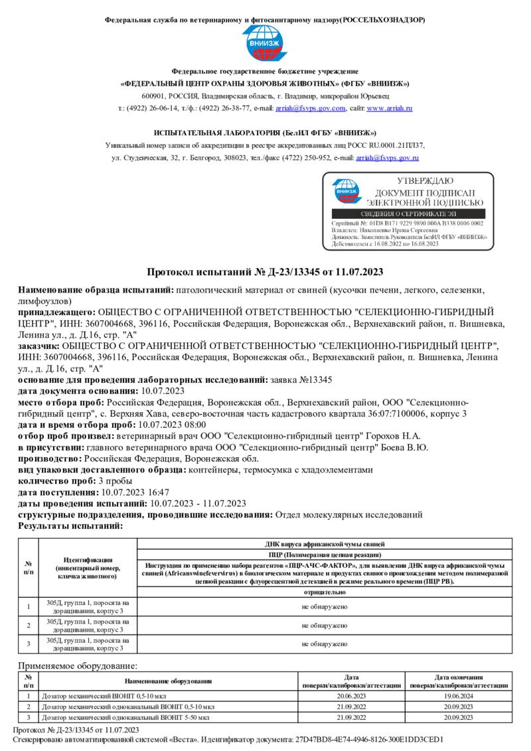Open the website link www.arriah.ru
click(x=390, y=108)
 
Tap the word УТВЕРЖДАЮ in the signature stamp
click(x=425, y=181)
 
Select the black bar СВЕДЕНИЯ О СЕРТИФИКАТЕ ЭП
click(x=408, y=214)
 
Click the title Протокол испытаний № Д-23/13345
click(x=265, y=273)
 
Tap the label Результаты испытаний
click(x=70, y=525)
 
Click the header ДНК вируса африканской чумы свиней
click(x=324, y=543)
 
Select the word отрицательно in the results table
click(x=324, y=591)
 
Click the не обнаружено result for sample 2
click(x=324, y=625)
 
